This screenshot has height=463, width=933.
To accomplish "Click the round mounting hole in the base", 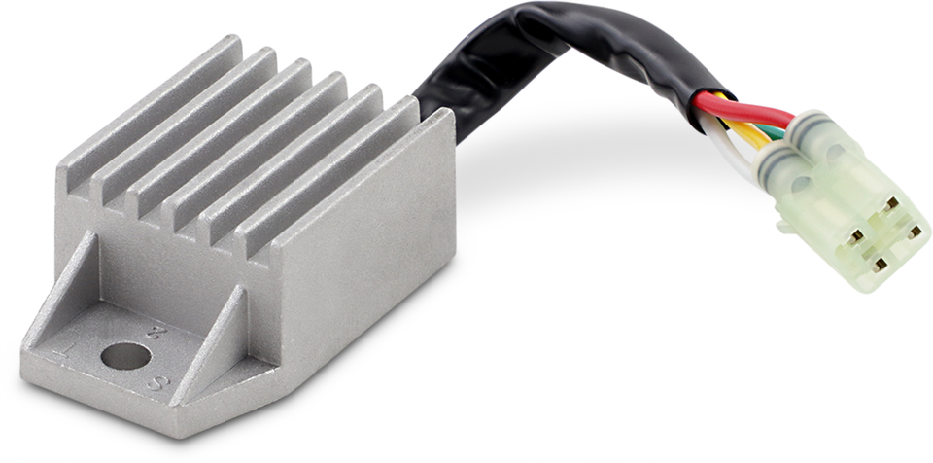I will click(x=125, y=356).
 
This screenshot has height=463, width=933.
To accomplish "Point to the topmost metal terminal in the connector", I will click(x=890, y=204).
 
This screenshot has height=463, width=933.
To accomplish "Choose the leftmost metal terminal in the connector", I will click(x=855, y=234).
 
